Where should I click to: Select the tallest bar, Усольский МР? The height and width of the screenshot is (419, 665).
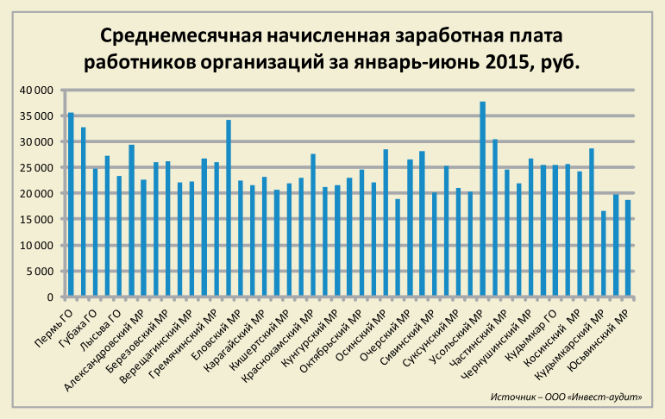click(482, 199)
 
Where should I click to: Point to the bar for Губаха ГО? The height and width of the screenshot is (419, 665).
click(83, 212)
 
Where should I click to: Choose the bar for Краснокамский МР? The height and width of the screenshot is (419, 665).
click(313, 225)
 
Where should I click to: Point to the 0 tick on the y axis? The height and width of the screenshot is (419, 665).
click(51, 297)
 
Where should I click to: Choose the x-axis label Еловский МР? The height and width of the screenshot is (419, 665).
click(211, 328)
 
